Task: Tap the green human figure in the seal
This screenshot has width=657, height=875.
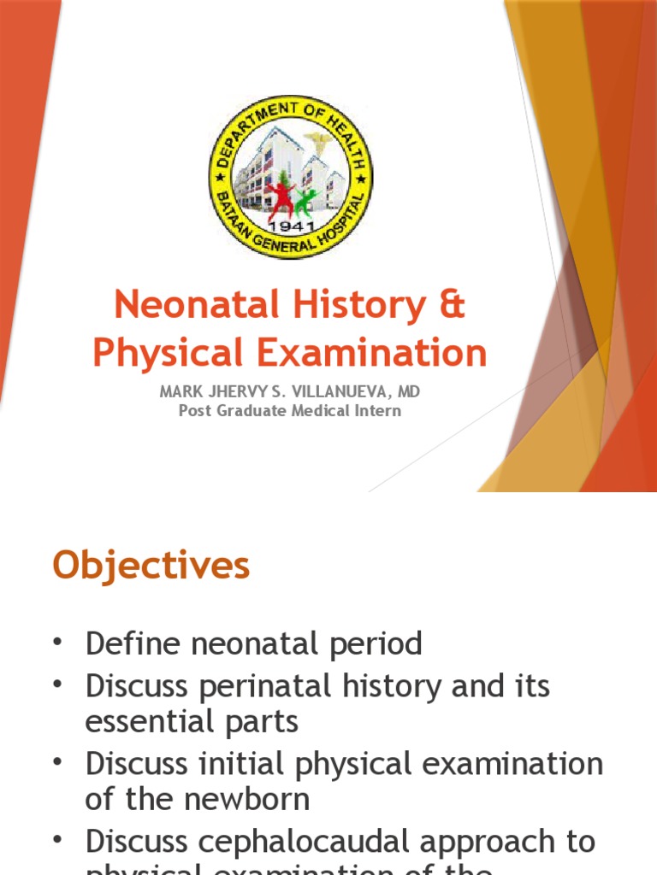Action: (x=305, y=202)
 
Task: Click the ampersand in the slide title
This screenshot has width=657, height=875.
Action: (x=453, y=305)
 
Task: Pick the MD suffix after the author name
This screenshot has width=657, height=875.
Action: (x=410, y=392)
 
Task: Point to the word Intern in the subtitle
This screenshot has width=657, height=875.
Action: (x=381, y=410)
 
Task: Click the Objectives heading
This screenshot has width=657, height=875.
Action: (x=151, y=566)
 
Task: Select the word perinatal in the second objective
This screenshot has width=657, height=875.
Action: (x=265, y=686)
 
